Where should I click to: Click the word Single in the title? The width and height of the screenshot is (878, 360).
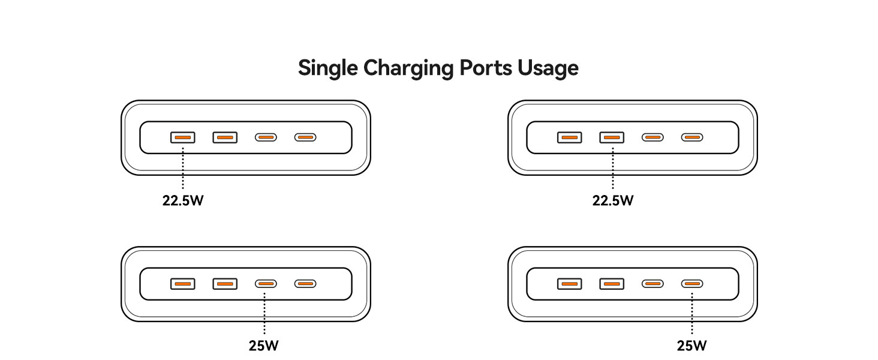tap(328, 68)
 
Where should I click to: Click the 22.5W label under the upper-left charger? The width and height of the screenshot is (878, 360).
tap(182, 200)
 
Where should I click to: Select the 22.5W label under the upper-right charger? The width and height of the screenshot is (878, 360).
tap(612, 200)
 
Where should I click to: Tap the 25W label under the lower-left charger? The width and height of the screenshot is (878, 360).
tap(264, 346)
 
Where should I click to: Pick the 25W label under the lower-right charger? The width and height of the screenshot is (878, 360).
tap(692, 346)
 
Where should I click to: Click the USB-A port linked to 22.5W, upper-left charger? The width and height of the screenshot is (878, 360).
tap(182, 137)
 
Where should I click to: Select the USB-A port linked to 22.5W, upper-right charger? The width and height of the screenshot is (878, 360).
tap(612, 137)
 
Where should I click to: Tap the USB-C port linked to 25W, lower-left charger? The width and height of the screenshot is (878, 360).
tap(266, 284)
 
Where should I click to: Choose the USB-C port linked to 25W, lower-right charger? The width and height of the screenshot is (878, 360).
tap(692, 284)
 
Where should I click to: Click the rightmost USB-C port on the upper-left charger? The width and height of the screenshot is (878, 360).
tap(305, 137)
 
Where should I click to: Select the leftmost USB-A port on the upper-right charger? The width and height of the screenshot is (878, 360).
tap(569, 137)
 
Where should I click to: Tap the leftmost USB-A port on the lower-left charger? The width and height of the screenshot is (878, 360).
tap(182, 284)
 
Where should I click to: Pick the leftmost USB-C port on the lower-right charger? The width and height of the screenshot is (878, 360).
tap(653, 284)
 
